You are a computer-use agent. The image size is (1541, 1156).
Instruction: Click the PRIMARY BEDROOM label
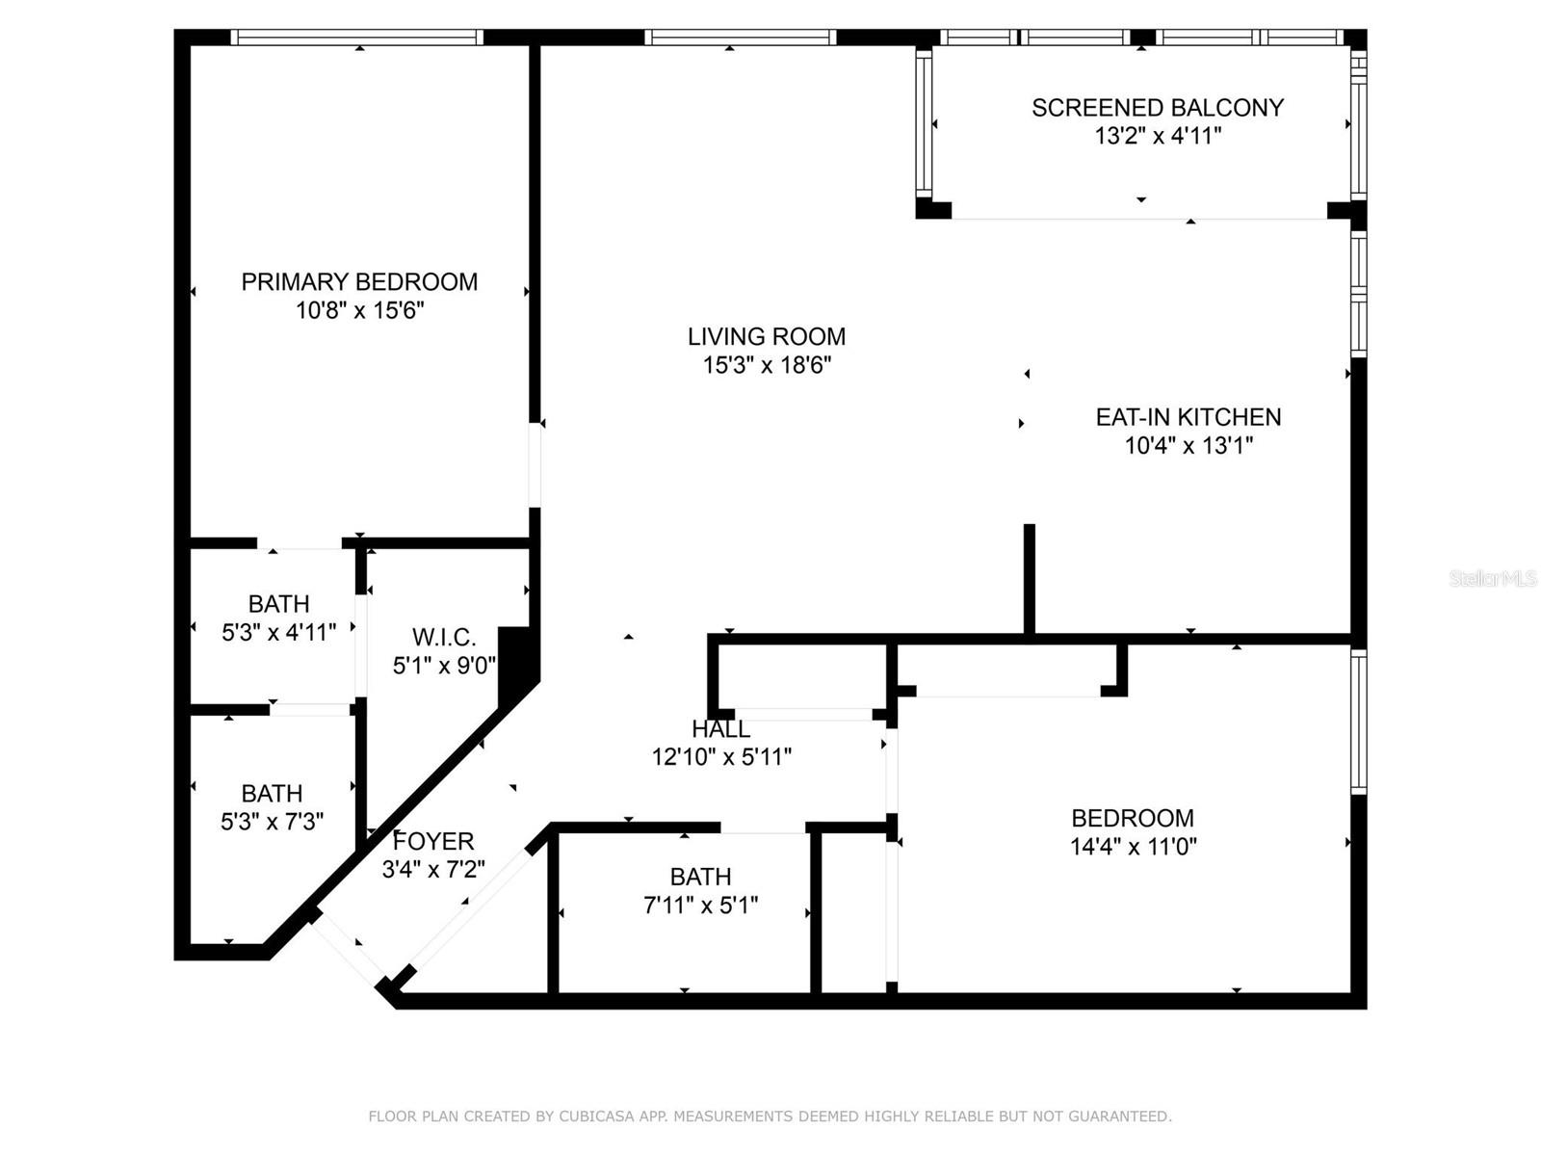click(359, 281)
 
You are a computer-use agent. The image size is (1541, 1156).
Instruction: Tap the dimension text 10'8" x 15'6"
click(359, 310)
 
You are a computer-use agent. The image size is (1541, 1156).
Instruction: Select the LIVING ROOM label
click(767, 336)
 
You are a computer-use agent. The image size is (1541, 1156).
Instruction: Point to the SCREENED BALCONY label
click(1158, 108)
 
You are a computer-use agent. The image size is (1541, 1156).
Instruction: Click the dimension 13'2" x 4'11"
click(1158, 136)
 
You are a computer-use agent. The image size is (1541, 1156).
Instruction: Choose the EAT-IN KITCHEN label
click(1188, 417)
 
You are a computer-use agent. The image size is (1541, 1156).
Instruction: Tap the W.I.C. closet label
click(444, 637)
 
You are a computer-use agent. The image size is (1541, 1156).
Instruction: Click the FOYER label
click(433, 841)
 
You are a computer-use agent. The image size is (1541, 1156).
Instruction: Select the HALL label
click(720, 729)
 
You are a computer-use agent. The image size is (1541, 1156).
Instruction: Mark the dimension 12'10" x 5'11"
click(721, 757)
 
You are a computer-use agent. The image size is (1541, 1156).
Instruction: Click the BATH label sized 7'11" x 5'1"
click(700, 877)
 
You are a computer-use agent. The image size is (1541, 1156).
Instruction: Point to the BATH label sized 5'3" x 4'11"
click(278, 604)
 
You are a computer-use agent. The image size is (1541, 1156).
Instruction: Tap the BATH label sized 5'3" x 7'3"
click(272, 794)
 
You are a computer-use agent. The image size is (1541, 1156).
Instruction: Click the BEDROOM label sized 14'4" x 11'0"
click(1133, 818)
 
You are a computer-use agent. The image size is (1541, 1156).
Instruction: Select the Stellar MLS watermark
click(1492, 578)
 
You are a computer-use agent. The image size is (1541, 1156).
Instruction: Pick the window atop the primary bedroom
click(357, 38)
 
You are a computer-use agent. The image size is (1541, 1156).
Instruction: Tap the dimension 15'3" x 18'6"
click(767, 365)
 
